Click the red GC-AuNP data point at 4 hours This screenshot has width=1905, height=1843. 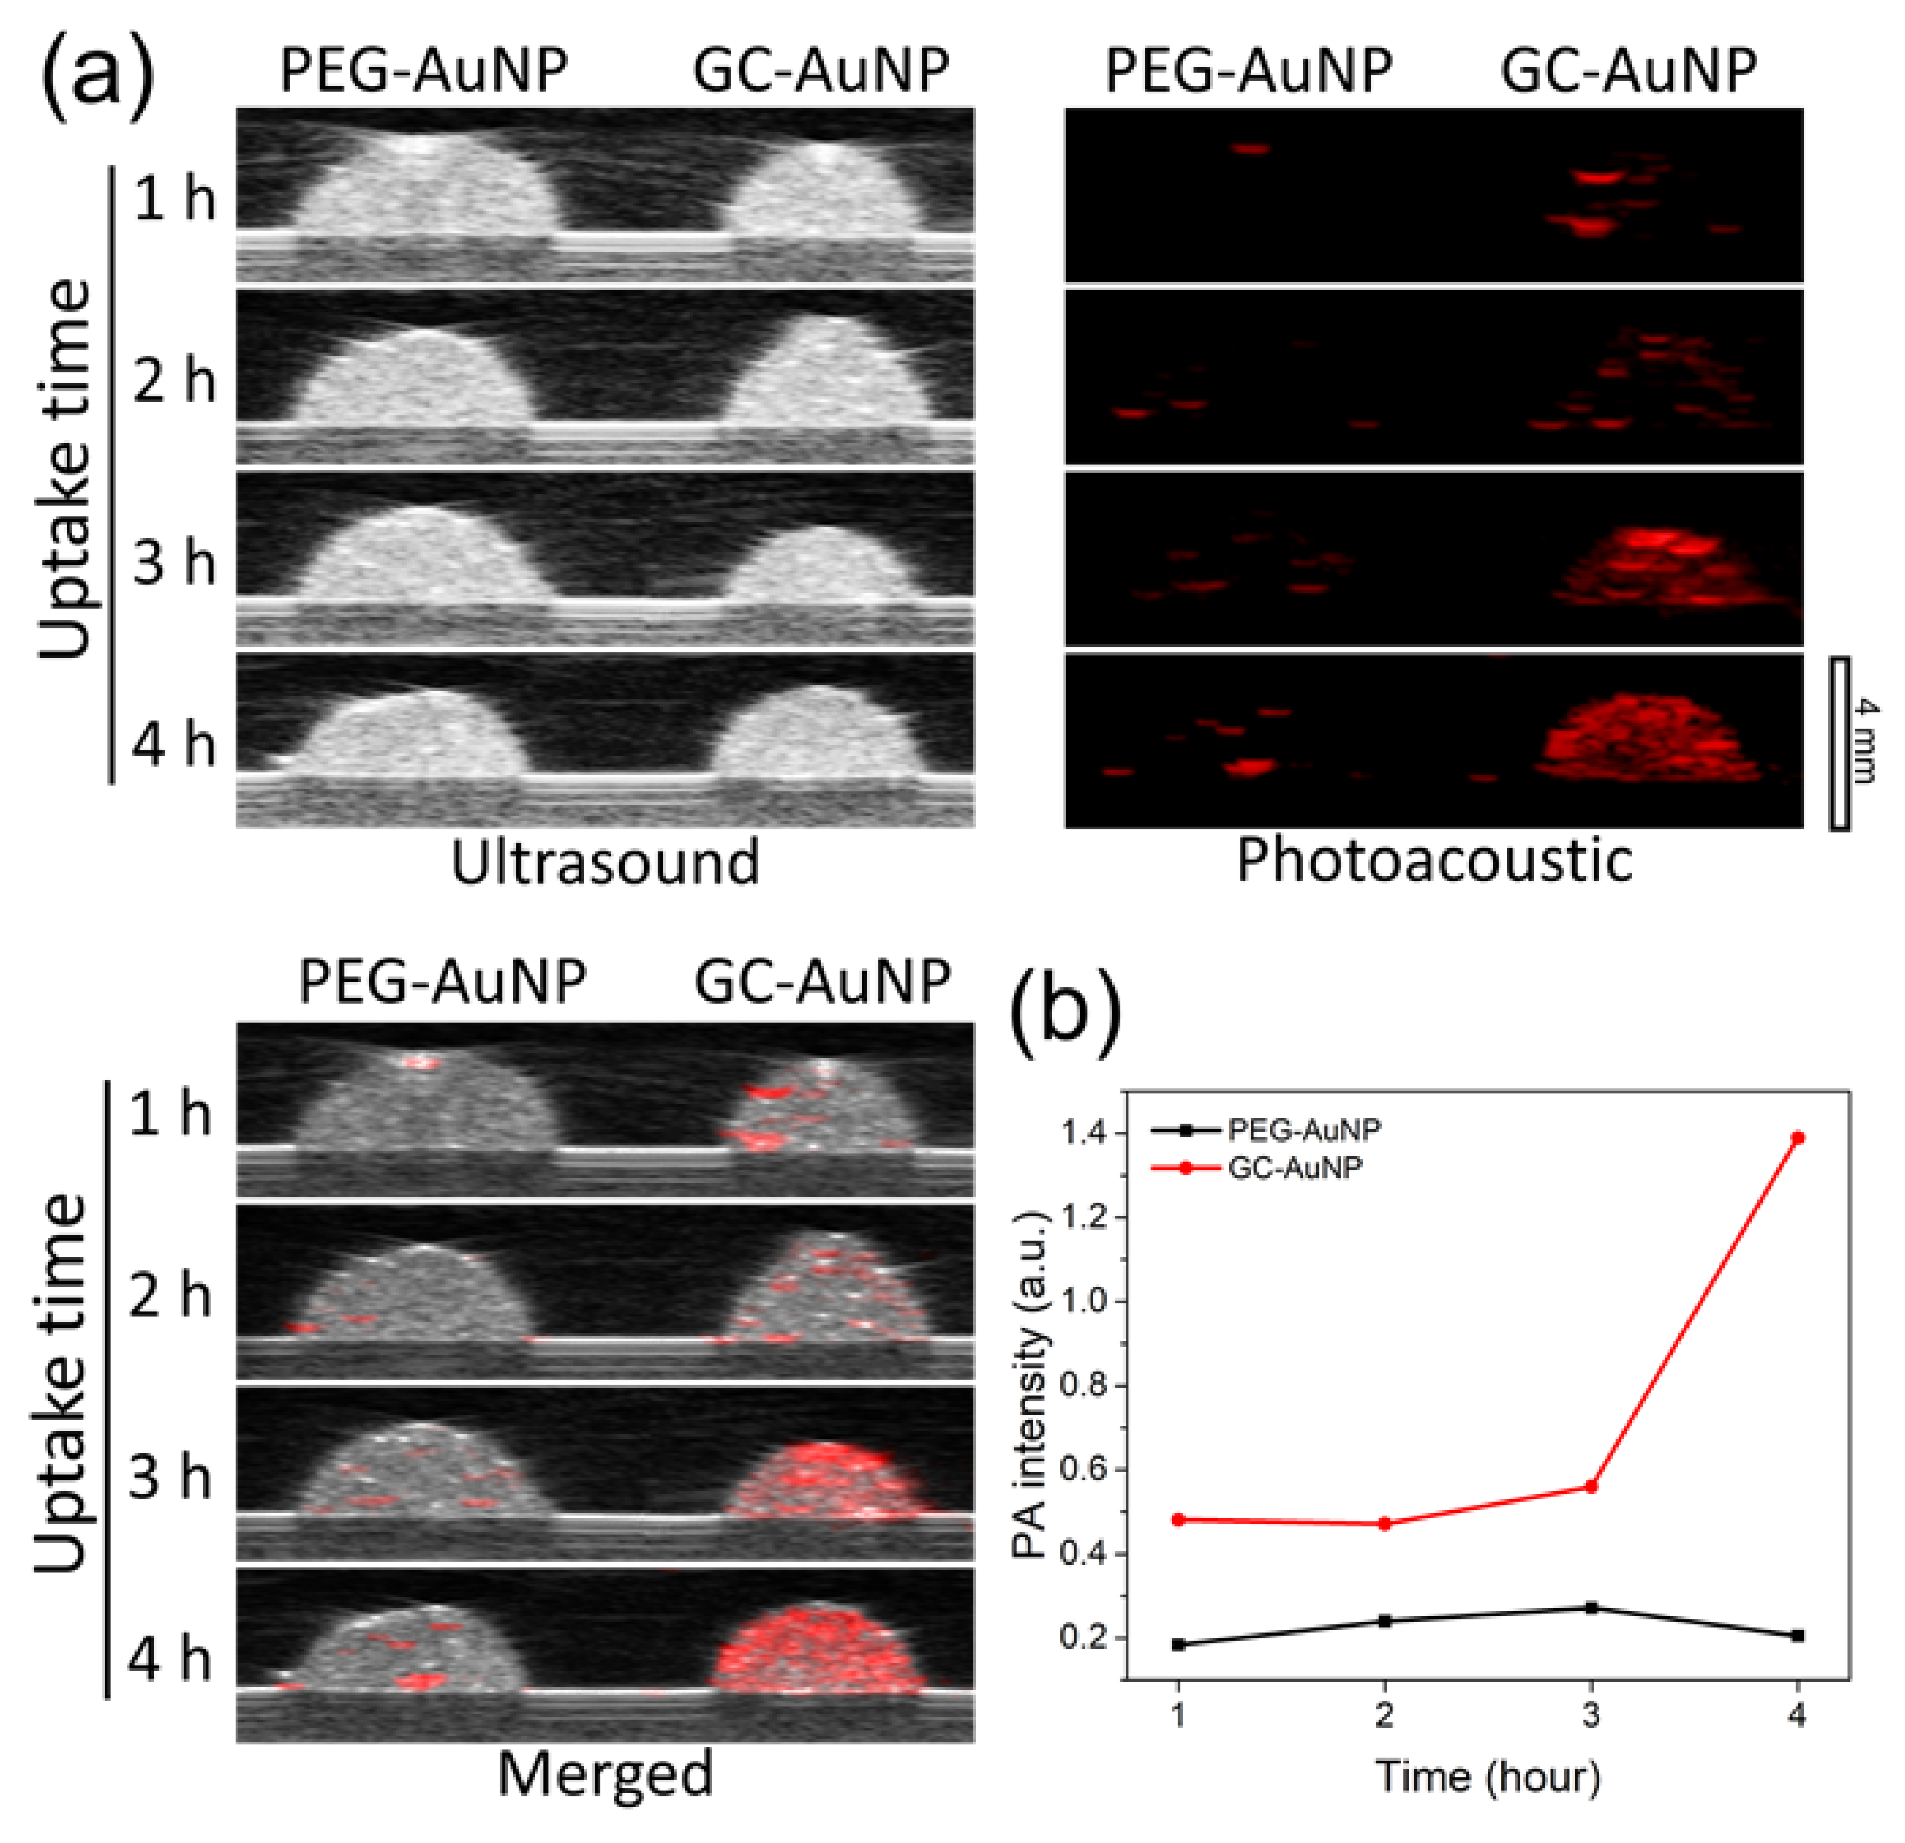pyautogui.click(x=1797, y=1137)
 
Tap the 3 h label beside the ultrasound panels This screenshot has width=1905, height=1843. pyautogui.click(x=174, y=562)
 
